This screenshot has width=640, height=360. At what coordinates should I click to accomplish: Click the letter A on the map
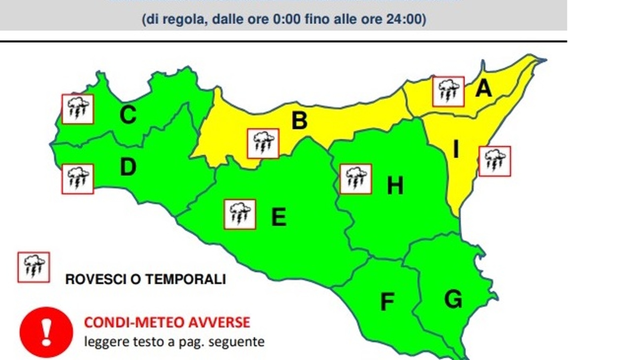[x=484, y=88]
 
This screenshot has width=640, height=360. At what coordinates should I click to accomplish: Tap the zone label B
[x=300, y=120]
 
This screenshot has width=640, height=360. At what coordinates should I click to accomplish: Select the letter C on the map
[x=128, y=115]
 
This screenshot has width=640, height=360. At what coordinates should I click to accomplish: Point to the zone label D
[x=128, y=167]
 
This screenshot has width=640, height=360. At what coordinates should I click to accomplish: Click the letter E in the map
[x=279, y=217]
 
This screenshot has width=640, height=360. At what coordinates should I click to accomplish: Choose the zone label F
[x=387, y=302]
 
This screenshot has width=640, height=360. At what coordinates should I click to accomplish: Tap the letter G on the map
[x=453, y=299]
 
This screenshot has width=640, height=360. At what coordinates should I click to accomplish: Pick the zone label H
[x=395, y=186]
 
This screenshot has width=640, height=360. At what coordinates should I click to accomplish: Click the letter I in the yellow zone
[x=456, y=150]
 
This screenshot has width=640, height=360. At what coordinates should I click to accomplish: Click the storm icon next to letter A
[x=448, y=92]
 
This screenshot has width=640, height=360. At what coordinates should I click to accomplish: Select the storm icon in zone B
[x=263, y=143]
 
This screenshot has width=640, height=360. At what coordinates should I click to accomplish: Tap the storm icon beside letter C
[x=78, y=109]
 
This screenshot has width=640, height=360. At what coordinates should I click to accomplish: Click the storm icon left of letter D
[x=78, y=179]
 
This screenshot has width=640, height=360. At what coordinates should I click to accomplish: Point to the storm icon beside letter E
[x=240, y=214]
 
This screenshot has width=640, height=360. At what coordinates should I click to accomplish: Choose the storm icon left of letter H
[x=356, y=179]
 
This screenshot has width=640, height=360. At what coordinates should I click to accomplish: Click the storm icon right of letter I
[x=494, y=161]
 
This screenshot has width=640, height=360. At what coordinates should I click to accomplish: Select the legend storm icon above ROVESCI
[x=34, y=267]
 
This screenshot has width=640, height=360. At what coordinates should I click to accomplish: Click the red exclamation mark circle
[x=46, y=332]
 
